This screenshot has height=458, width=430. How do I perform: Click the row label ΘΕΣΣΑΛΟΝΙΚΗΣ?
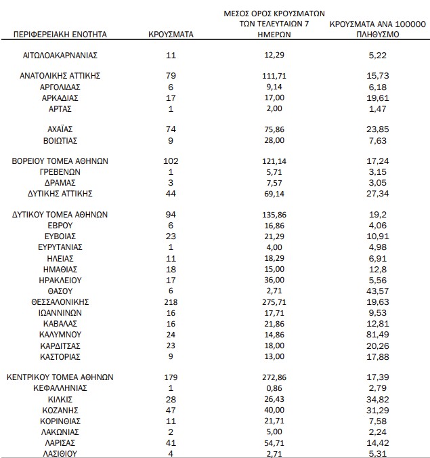point(60,301)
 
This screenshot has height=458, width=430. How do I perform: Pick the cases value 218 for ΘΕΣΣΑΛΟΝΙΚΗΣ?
point(170,301)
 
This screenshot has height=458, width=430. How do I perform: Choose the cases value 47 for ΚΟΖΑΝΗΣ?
point(170,410)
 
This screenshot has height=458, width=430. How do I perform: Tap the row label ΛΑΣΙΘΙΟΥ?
point(61,453)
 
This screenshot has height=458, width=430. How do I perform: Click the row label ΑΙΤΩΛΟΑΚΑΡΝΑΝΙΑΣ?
point(61,55)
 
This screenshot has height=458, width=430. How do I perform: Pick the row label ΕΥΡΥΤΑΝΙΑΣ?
point(61,247)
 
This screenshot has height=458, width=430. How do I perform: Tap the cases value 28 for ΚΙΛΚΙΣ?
point(170,399)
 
